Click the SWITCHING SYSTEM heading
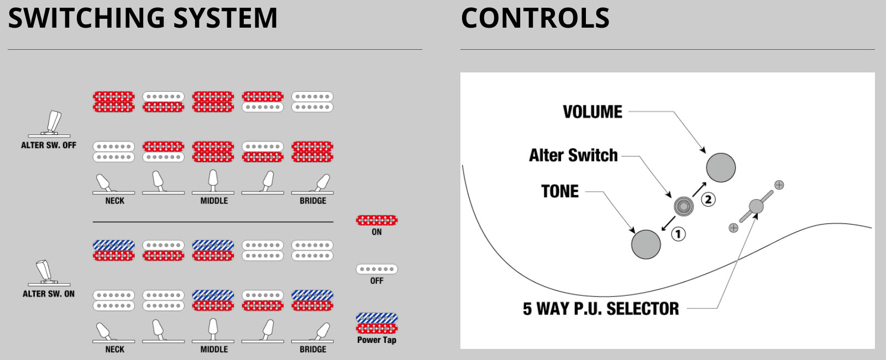(143, 18)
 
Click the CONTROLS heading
(535, 18)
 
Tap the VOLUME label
(593, 112)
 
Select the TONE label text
(560, 191)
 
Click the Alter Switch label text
(573, 155)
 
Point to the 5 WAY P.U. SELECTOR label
(601, 309)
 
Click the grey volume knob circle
(721, 168)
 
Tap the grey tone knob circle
(646, 244)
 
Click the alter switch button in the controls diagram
(684, 206)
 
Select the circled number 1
(678, 234)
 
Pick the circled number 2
(708, 199)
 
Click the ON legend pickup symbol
(376, 220)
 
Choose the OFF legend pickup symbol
(376, 269)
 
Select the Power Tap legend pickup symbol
(376, 323)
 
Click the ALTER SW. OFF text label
(49, 145)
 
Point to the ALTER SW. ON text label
(49, 294)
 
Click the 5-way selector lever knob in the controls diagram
(756, 207)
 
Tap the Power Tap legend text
(376, 340)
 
